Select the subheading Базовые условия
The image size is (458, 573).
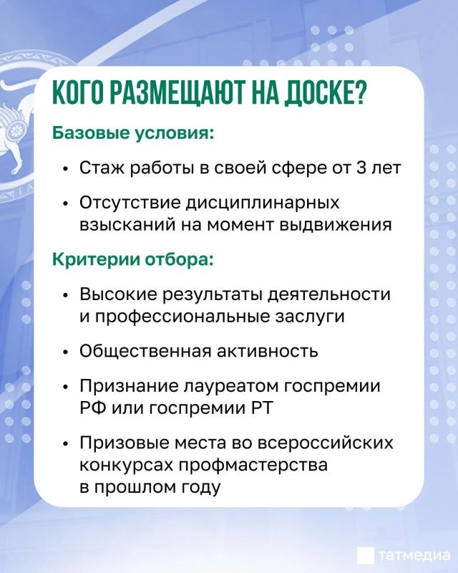[132, 133]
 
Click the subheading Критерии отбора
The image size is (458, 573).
[132, 259]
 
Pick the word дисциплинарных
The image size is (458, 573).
[263, 203]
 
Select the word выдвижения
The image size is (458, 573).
[336, 225]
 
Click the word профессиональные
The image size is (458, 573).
[182, 317]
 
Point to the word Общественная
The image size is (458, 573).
[145, 351]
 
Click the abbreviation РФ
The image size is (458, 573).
[93, 408]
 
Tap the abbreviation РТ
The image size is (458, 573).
[263, 408]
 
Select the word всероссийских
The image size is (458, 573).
[326, 443]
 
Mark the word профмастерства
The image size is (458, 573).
[253, 465]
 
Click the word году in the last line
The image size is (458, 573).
[200, 488]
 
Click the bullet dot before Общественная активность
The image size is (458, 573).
[65, 352]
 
